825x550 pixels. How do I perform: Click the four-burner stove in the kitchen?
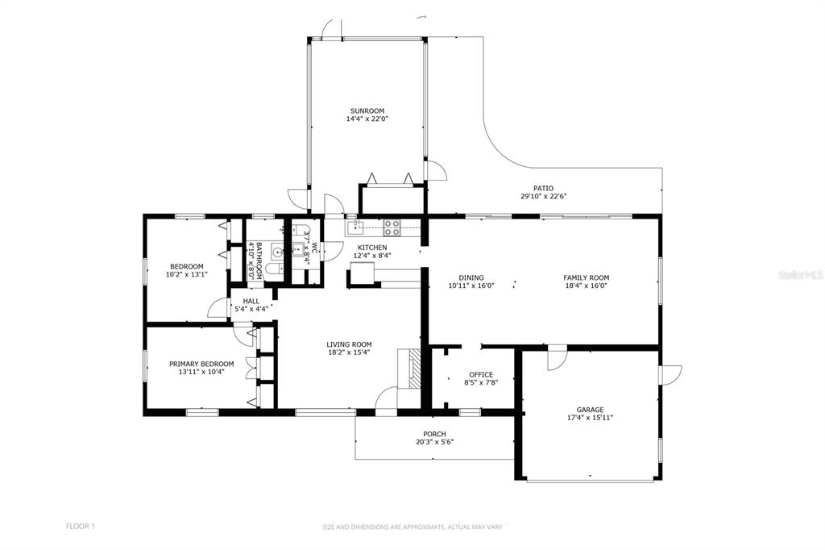coord(391,227)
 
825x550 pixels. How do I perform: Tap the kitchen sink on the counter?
coord(355,227)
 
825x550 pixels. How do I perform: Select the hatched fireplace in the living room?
coord(416,369)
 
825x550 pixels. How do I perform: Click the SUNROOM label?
coord(367,110)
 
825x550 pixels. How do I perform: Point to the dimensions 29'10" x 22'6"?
coord(544,197)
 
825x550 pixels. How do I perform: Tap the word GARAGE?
coord(590,410)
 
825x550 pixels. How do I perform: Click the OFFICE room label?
coord(481,374)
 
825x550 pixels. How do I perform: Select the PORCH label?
coord(434,434)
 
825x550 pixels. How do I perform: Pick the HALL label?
coord(251,302)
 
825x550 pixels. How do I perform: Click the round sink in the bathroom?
coord(277,252)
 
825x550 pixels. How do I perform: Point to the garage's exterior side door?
coord(671,374)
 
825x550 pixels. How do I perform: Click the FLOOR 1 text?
coord(81,526)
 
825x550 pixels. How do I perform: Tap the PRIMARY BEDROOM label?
coord(201,364)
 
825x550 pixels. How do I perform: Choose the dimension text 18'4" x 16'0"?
coord(587,286)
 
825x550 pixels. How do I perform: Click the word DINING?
coord(471,277)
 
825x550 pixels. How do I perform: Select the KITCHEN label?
coord(372,248)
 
